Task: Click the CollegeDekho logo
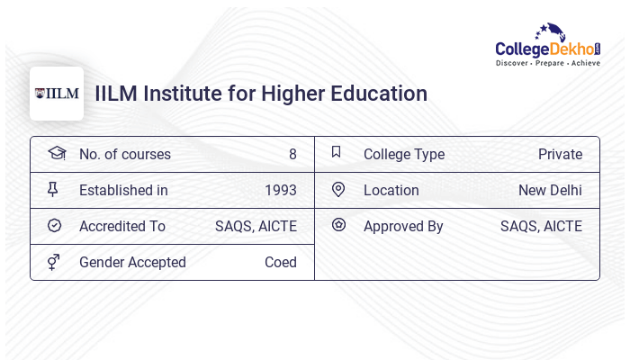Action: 548,46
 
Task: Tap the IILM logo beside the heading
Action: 57,94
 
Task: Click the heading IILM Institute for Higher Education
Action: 261,94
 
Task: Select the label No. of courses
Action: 125,154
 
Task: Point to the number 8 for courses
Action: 292,154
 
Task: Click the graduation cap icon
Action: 57,153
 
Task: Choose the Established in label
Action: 123,190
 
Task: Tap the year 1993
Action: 281,190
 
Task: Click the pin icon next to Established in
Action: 53,189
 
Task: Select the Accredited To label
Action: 122,226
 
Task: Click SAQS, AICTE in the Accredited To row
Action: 256,226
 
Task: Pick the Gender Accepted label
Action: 132,262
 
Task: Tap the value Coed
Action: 281,262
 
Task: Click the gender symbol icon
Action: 54,261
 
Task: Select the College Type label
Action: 404,154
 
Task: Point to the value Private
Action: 560,154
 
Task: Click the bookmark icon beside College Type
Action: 337,152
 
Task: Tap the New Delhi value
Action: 550,190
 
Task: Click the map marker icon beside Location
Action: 338,189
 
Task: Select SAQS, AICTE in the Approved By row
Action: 541,226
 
